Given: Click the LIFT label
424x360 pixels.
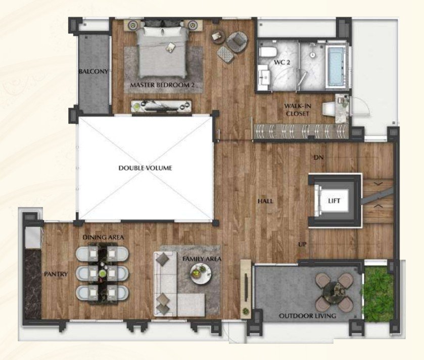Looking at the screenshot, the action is [x=334, y=201].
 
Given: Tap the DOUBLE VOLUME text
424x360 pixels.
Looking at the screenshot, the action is [x=145, y=168].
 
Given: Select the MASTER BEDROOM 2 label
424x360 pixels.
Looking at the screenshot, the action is [x=162, y=85].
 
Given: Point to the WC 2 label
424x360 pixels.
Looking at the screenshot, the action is [x=282, y=63].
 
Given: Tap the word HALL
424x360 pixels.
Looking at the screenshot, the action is [x=265, y=201].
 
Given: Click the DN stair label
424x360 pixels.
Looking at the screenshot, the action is [x=319, y=157].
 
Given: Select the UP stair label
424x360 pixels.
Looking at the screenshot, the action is [x=302, y=244].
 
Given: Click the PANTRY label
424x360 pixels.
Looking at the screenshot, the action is [x=56, y=274].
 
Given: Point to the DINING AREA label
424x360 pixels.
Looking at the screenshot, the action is [x=103, y=237].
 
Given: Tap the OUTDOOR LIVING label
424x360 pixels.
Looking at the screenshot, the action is [x=308, y=316].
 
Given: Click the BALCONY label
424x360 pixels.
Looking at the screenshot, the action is [x=93, y=72].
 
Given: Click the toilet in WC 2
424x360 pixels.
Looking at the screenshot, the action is [x=267, y=52].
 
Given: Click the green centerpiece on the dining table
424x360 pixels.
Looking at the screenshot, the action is [x=103, y=273].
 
